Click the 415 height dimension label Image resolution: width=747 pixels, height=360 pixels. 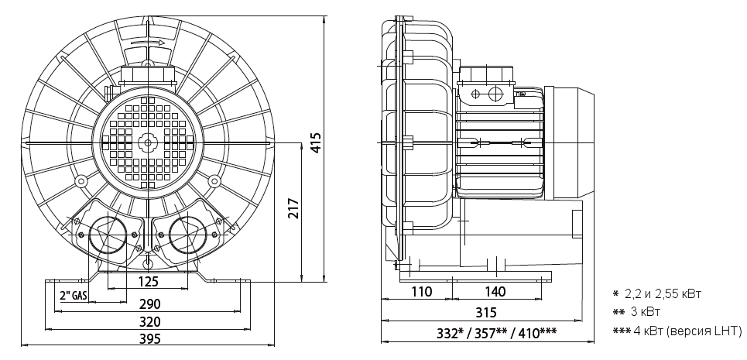(x=316, y=143)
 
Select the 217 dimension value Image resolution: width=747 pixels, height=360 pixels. (x=294, y=208)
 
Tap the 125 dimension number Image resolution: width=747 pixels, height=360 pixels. (x=147, y=282)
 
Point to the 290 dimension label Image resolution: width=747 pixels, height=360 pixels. (x=149, y=303)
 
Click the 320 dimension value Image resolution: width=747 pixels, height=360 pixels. (x=149, y=321)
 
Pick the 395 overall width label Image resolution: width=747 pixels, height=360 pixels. (x=149, y=339)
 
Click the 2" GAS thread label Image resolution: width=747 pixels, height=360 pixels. (x=74, y=295)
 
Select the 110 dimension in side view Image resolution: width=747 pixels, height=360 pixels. (x=421, y=291)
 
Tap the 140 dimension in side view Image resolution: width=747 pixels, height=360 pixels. (x=495, y=291)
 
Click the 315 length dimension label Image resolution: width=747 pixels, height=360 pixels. (x=486, y=312)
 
